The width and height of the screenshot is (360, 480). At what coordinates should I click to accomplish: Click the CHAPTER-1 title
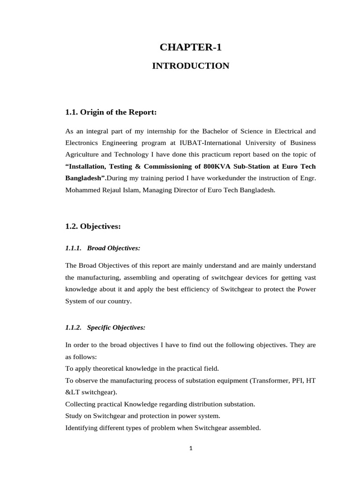(x=190, y=47)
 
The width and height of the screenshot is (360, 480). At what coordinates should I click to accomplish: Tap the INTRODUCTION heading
(x=190, y=66)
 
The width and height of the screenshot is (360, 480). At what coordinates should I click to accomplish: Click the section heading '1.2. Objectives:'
(x=93, y=226)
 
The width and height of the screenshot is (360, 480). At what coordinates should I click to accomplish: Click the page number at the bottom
(x=191, y=448)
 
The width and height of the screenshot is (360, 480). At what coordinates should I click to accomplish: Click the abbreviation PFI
(x=295, y=381)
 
